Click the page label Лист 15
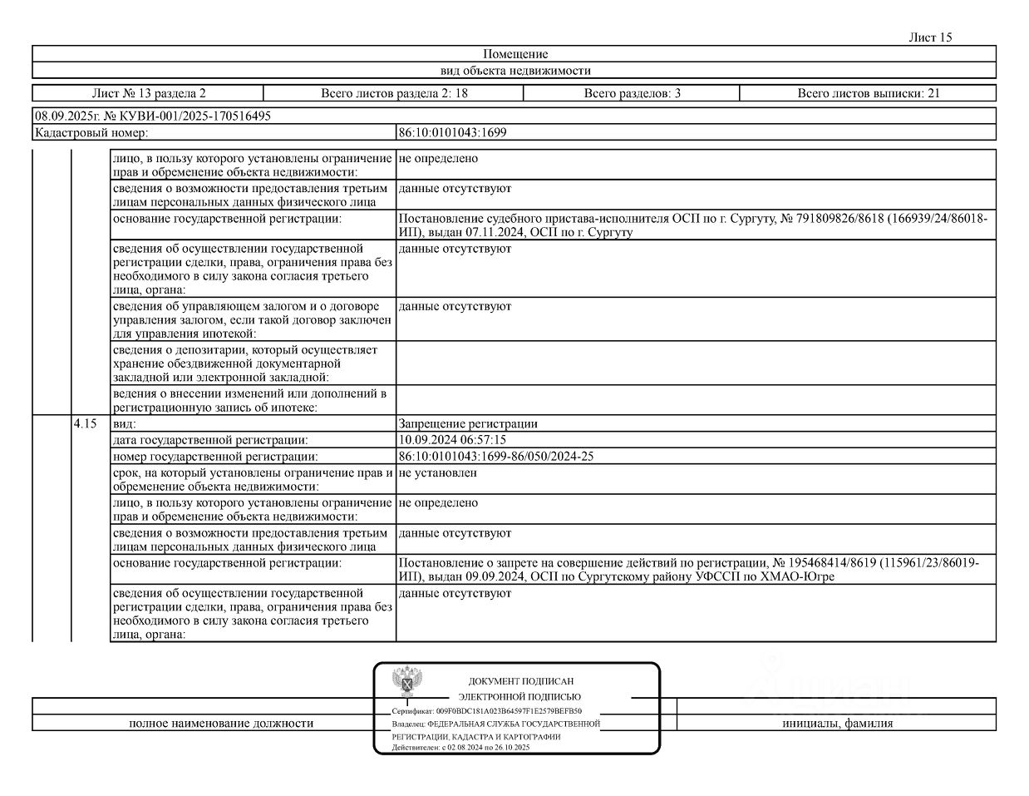[x=930, y=37]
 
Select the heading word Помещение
[x=514, y=54]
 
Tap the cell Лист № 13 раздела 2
[x=148, y=93]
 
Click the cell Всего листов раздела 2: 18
[x=394, y=93]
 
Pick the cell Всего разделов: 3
[x=632, y=93]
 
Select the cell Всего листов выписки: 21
[x=869, y=93]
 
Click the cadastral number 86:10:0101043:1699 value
[x=453, y=132]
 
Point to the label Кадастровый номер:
[x=91, y=132]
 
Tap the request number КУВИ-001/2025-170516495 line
[x=152, y=116]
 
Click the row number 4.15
[x=85, y=423]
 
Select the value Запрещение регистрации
[x=468, y=423]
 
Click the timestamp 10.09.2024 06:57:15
[x=452, y=439]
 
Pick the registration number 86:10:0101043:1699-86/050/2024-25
[x=496, y=456]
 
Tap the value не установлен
[x=438, y=472]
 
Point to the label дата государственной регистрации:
[x=210, y=439]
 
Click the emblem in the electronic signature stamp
[x=408, y=683]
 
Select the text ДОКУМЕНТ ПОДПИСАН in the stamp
[x=520, y=681]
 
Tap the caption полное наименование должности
[x=221, y=723]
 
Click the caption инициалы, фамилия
[x=837, y=723]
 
